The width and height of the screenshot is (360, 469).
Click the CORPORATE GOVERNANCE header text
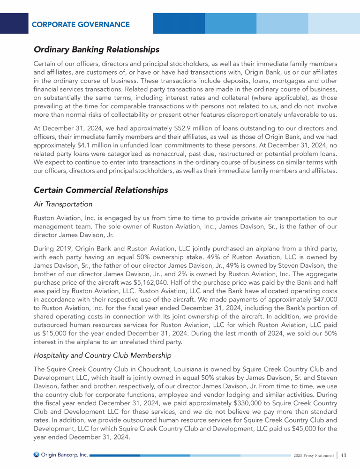pos(81,24)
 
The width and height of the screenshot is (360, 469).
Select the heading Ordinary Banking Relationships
pos(97,49)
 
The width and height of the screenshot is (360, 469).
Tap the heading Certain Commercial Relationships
pos(101,190)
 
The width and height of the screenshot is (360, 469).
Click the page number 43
pos(344,455)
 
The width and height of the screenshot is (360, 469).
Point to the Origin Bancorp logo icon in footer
pos(37,455)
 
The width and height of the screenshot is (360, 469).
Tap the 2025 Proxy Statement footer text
pos(313,455)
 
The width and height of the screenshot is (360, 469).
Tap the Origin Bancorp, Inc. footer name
pos(65,455)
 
